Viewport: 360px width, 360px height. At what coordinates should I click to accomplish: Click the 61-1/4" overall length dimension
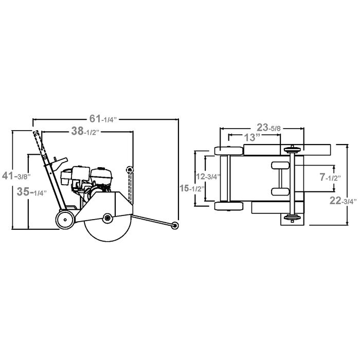pyautogui.click(x=103, y=119)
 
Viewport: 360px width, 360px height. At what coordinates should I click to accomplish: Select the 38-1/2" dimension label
pyautogui.click(x=85, y=131)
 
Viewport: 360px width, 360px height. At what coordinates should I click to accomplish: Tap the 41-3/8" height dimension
pyautogui.click(x=16, y=176)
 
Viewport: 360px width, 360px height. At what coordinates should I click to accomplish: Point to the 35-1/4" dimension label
pyautogui.click(x=32, y=192)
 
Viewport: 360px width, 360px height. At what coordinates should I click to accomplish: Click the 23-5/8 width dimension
pyautogui.click(x=269, y=128)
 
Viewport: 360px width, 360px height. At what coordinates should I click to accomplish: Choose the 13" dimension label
pyautogui.click(x=252, y=137)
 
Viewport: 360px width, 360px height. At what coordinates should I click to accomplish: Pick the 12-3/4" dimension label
pyautogui.click(x=208, y=177)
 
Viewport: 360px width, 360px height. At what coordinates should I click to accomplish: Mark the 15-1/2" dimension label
pyautogui.click(x=192, y=189)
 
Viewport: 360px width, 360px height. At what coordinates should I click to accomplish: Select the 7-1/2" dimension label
pyautogui.click(x=330, y=177)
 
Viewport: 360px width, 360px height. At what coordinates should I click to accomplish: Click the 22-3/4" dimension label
pyautogui.click(x=343, y=201)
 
